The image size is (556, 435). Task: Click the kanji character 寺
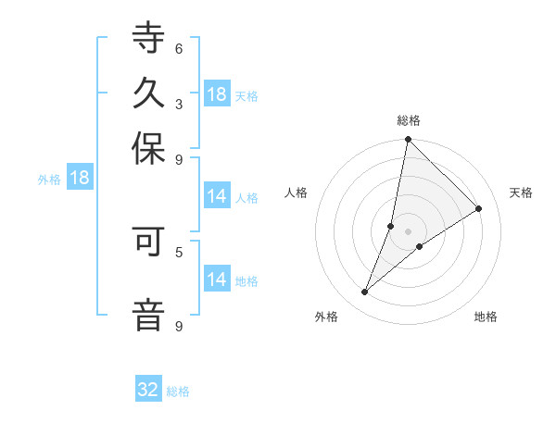149,40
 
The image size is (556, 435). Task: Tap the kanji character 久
149,93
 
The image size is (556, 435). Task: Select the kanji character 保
149,148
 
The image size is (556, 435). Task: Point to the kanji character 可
149,242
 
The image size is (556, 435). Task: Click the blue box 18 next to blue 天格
217,94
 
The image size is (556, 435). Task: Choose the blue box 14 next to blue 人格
217,196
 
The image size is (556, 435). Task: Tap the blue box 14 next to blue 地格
217,280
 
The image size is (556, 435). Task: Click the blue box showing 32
148,390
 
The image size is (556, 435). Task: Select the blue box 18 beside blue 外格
80,179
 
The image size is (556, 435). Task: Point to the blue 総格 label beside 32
178,391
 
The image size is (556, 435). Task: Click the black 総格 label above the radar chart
409,120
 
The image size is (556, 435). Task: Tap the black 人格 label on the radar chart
297,193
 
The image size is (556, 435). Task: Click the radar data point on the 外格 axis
365,292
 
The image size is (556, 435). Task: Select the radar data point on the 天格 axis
479,208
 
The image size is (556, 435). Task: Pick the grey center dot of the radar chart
409,231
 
